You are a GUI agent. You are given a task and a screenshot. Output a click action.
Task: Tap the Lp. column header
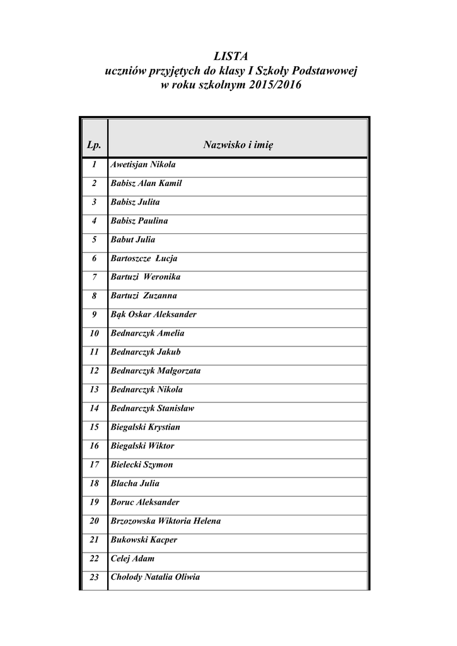coord(93,146)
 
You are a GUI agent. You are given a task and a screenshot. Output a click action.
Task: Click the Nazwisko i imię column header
coord(238,146)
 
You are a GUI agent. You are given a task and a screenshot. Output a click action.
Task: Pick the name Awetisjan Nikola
coord(143,165)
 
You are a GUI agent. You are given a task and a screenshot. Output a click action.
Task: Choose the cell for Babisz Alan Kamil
coord(146,184)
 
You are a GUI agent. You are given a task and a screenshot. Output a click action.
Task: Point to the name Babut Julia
coord(133,240)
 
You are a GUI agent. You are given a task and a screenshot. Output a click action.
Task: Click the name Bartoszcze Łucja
coord(144,259)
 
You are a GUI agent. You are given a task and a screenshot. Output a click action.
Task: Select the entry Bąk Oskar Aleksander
coord(154,315)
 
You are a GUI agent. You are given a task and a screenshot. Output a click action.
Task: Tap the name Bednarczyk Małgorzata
coord(156,371)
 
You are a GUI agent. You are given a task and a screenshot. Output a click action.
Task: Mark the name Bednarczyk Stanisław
coord(153,408)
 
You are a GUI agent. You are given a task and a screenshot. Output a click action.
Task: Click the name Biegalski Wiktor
coord(142,446)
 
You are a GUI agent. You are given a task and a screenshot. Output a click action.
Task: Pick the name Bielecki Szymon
coord(142,465)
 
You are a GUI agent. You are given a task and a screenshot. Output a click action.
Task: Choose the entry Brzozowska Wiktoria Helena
coord(166,521)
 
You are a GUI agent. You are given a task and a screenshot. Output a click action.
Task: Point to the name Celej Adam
coord(132,559)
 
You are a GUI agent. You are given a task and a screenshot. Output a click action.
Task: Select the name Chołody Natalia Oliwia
coord(155,577)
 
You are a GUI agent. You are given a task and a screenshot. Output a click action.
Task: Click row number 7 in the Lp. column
coord(95,277)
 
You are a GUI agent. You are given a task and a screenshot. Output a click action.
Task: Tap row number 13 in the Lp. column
coord(95,390)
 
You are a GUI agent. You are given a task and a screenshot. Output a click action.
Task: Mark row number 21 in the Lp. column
coord(95,540)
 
